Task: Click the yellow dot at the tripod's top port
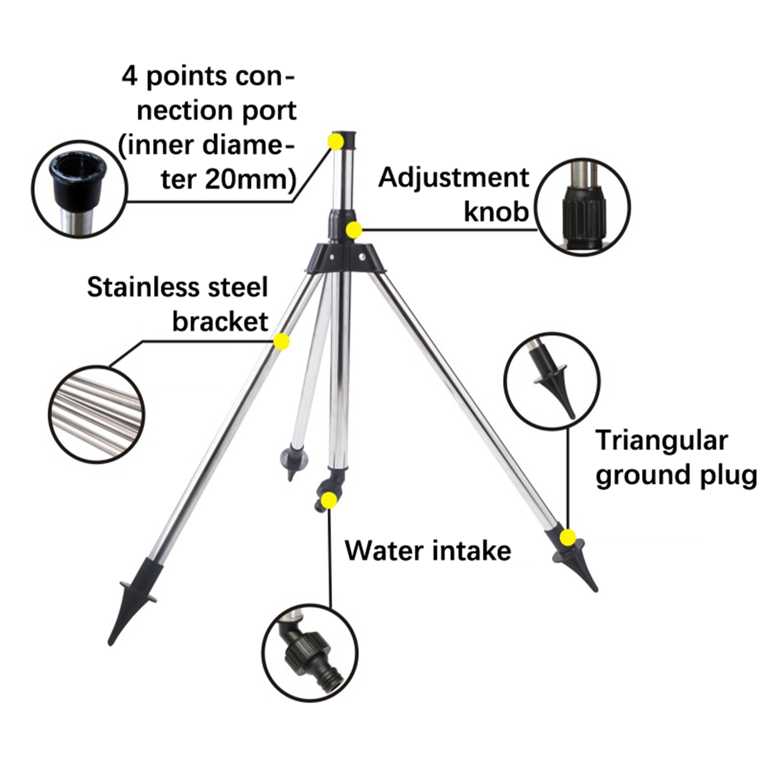[336, 141]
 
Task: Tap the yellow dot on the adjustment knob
[354, 230]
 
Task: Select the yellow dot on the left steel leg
[281, 341]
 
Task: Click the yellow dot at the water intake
[329, 500]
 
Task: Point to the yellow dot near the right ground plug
[568, 537]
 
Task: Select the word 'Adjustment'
[453, 178]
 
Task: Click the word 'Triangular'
[662, 441]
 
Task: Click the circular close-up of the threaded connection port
[80, 189]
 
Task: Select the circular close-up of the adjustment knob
[582, 207]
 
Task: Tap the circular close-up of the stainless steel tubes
[96, 414]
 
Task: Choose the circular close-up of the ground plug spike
[552, 381]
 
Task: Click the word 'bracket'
[220, 322]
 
